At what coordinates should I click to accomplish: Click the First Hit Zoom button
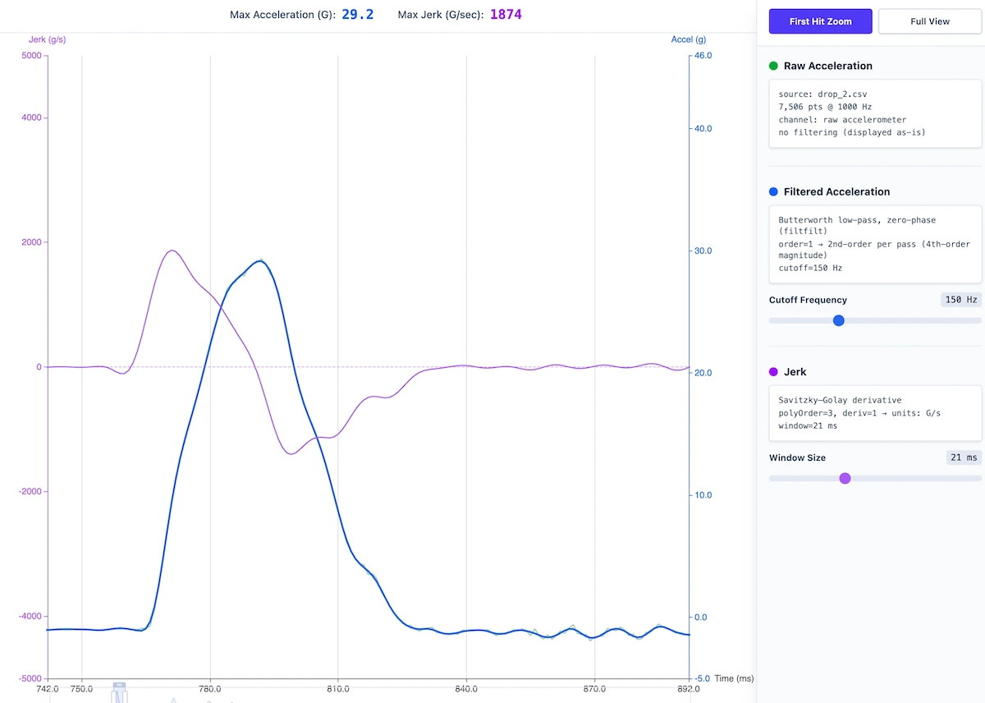point(820,21)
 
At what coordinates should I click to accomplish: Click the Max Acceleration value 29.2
point(357,15)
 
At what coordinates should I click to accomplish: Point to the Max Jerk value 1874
point(506,15)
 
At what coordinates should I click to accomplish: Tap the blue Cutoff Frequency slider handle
point(838,320)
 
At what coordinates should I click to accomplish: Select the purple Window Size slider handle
point(845,478)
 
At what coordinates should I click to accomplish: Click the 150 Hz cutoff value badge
point(961,300)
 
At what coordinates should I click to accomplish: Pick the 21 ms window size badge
point(964,457)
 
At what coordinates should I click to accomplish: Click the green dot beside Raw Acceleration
point(773,66)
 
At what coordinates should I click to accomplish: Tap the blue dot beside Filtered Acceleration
point(773,191)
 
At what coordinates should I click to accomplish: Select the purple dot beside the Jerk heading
point(773,372)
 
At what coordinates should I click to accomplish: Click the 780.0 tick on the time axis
point(210,689)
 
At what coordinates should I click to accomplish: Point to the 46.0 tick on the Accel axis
point(703,55)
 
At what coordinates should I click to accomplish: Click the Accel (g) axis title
point(688,39)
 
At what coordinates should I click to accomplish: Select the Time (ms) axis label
point(734,679)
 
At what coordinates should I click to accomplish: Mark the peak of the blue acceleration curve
point(260,260)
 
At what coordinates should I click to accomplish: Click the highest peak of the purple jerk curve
point(172,250)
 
